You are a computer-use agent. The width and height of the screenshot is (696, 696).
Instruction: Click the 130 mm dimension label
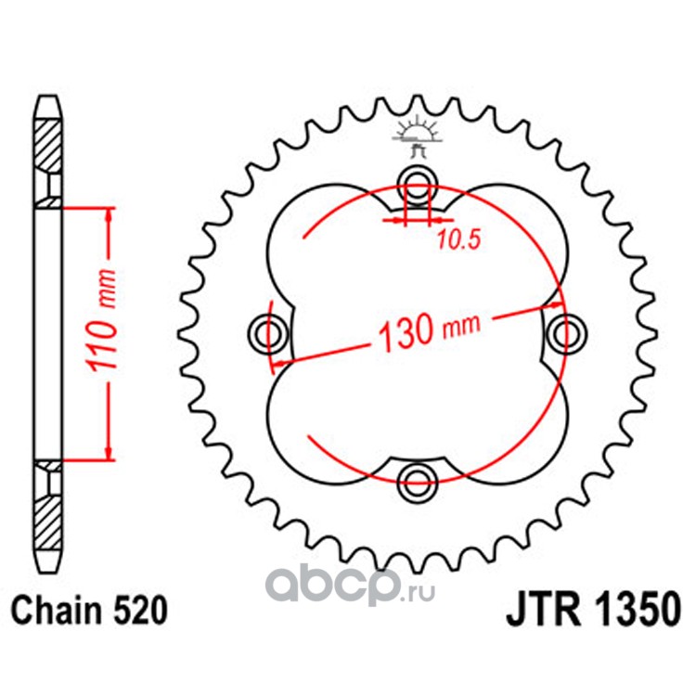(426, 329)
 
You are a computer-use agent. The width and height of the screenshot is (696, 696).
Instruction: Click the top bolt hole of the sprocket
(416, 182)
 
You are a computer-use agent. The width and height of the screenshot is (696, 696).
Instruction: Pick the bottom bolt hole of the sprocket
(416, 480)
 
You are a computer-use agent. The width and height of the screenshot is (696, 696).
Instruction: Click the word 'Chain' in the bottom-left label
(55, 612)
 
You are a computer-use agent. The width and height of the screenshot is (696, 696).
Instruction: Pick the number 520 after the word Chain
(141, 612)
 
